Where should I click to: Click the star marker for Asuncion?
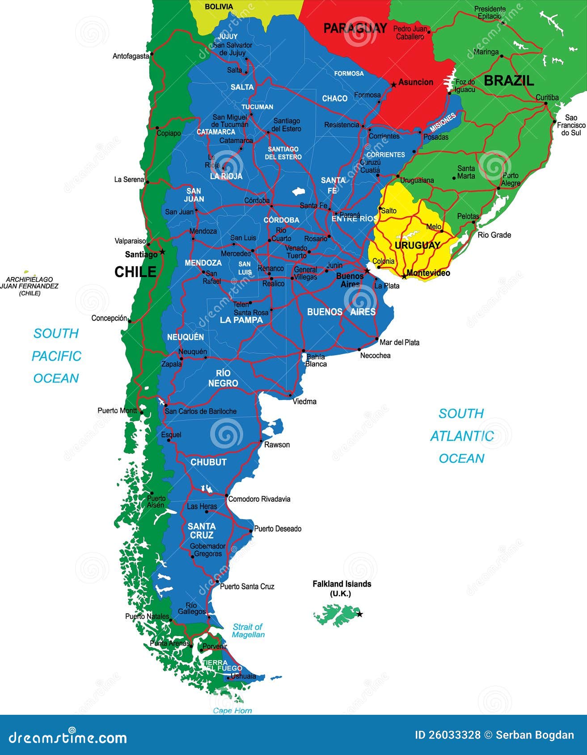(x=393, y=84)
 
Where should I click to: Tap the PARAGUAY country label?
(x=355, y=29)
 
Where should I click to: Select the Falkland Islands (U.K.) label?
(x=342, y=588)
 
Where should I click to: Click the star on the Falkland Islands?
(x=359, y=614)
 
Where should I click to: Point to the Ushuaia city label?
(x=243, y=676)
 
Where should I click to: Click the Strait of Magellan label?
(x=248, y=630)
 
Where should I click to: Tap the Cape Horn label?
(x=232, y=710)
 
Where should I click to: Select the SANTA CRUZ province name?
(x=202, y=531)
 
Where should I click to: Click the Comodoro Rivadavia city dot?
(x=226, y=495)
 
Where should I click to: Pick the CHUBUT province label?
(x=208, y=462)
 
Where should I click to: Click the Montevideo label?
(x=428, y=273)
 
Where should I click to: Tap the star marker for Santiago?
(x=162, y=252)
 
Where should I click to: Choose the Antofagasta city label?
(x=131, y=56)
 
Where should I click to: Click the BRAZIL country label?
(x=509, y=80)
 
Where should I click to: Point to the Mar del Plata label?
(x=399, y=342)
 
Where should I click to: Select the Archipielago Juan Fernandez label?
(x=30, y=286)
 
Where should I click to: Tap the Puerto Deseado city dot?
(x=251, y=531)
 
